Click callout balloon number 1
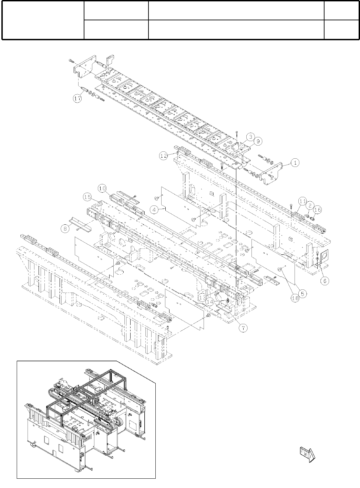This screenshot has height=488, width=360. coord(295,163)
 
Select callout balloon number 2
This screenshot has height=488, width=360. coord(310,205)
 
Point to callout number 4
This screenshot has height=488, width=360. coord(155,209)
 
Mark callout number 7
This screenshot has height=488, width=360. coord(244,328)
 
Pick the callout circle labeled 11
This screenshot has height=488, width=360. coord(302,201)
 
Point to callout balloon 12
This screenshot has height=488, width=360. coord(164,156)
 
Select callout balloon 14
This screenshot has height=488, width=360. coord(211,301)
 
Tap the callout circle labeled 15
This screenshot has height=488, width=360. coord(88,197)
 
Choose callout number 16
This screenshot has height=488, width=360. coord(317,209)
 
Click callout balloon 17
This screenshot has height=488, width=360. coord(78,98)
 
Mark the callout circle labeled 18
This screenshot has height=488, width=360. coord(295,298)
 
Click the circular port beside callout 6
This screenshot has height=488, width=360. coord(325,256)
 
